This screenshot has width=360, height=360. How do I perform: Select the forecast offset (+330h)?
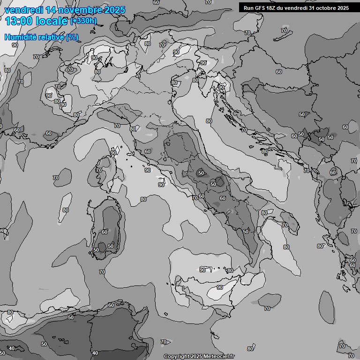point(83,21)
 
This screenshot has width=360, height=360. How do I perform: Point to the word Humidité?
point(20,37)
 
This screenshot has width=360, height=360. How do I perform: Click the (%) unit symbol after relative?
point(72,37)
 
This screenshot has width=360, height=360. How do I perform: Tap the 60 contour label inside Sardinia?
point(105,232)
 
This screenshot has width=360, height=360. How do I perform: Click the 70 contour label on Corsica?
point(99,170)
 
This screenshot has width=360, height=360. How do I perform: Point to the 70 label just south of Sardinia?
point(102,272)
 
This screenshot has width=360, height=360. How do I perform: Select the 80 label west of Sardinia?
point(66,210)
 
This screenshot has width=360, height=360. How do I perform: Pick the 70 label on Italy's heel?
point(285,225)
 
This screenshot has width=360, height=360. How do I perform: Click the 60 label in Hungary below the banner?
point(279,72)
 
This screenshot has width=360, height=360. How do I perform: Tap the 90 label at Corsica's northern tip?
point(113,153)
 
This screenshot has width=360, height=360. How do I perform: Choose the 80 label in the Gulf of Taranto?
point(264,213)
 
